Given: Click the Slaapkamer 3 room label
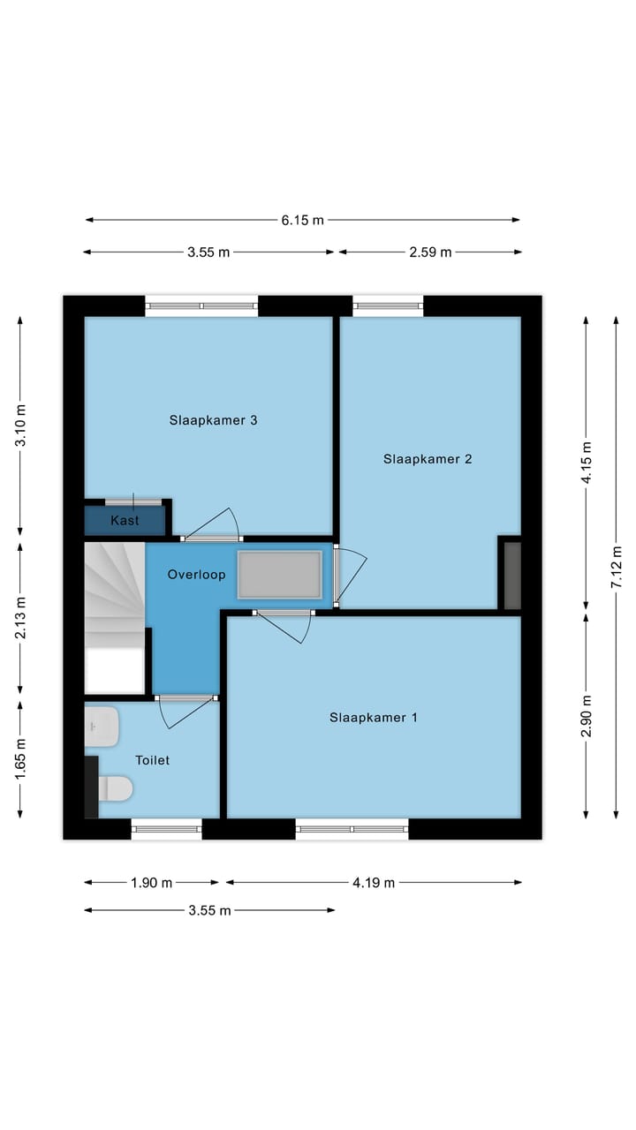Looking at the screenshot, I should (213, 420).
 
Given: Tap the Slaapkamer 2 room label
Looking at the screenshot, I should (428, 459).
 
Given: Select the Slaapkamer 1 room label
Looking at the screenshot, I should (373, 718).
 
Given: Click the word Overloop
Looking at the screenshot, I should (196, 575).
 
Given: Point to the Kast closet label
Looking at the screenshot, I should (125, 521).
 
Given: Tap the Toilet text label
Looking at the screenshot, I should (152, 760).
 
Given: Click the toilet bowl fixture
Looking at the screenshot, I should (114, 788).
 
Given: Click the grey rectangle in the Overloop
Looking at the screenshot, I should (279, 575).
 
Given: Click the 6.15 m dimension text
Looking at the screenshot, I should (302, 221).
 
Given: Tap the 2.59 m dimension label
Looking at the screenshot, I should (430, 252).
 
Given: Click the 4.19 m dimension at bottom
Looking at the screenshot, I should (373, 882).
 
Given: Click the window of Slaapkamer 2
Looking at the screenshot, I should (388, 306).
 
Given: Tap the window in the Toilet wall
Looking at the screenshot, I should (166, 829).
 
